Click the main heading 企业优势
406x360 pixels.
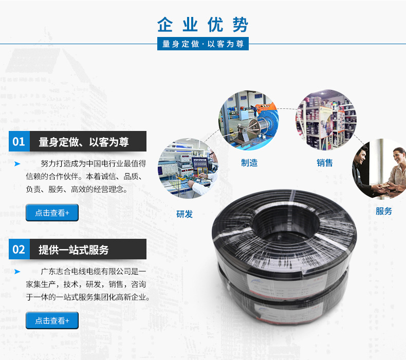(202, 25)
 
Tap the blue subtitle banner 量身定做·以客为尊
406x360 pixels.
(202, 44)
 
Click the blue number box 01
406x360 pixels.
(19, 141)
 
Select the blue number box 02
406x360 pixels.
(19, 249)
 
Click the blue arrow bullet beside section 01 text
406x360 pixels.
(17, 163)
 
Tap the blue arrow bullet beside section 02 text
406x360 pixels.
(17, 272)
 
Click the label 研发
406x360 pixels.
(184, 214)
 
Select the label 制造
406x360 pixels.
(249, 163)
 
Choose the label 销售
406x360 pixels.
(325, 163)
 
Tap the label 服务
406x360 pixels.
(384, 211)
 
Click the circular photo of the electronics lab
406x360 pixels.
(188, 168)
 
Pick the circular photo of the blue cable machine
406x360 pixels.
(249, 120)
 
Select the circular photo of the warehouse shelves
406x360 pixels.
(326, 120)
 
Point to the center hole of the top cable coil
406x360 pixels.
(286, 222)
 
